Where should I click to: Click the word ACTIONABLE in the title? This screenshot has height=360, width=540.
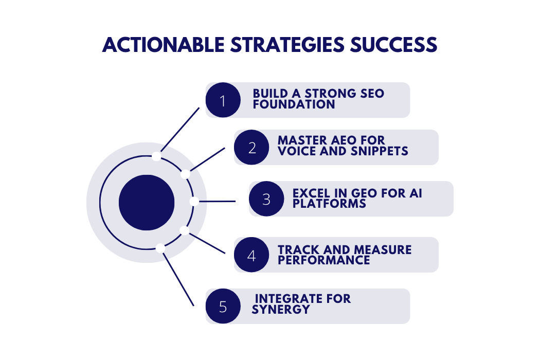(x=164, y=45)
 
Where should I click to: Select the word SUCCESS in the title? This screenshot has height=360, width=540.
(x=393, y=45)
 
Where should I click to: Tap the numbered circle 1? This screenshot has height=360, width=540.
(x=223, y=100)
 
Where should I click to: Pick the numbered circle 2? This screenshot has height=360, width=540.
(x=251, y=147)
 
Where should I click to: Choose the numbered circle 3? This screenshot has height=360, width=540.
(x=266, y=199)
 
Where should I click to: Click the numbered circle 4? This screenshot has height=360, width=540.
(x=251, y=255)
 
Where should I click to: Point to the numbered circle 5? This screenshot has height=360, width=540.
(x=223, y=306)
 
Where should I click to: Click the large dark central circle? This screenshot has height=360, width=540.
(x=147, y=203)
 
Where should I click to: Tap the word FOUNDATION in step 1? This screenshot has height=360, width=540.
(x=294, y=104)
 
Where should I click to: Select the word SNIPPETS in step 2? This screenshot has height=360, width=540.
(x=379, y=151)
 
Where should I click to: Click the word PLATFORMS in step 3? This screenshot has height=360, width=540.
(x=329, y=204)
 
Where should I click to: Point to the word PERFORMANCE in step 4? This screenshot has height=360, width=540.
(x=323, y=260)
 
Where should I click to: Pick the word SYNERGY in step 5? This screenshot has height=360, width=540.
(x=281, y=310)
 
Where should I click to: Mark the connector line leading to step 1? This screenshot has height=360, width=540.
(x=180, y=130)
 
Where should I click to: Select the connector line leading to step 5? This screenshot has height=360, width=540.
(x=178, y=280)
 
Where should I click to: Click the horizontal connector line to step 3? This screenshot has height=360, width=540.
(x=218, y=201)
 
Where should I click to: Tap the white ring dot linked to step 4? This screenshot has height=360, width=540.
(x=185, y=230)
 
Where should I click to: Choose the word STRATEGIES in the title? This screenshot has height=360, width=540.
(x=287, y=45)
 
